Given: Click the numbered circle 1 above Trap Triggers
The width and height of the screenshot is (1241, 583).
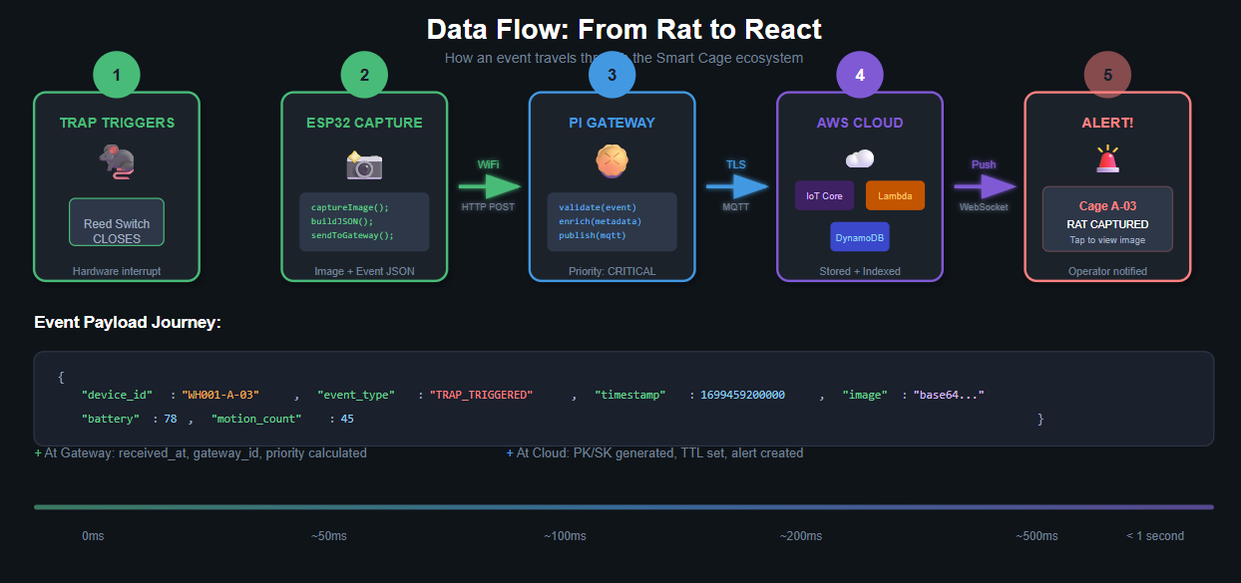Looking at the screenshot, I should [117, 75].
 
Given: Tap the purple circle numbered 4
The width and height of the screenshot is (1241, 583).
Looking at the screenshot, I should [860, 75].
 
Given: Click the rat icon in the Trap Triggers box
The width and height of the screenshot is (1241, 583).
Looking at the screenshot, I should [117, 161].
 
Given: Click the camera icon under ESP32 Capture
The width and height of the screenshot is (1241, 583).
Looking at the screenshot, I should [364, 164].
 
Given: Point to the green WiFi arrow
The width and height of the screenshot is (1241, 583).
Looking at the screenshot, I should [490, 186].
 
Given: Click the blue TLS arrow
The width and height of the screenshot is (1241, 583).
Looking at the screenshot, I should [737, 186].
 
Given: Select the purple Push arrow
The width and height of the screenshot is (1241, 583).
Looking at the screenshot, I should [985, 186].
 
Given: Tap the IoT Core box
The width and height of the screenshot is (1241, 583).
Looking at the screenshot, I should [824, 195].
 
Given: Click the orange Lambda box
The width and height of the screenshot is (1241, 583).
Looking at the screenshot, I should [895, 195].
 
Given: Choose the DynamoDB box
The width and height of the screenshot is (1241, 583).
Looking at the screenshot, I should [859, 237].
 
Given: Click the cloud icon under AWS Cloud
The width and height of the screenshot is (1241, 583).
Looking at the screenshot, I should [860, 158].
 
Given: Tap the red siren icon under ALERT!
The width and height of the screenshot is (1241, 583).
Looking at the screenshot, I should [1107, 158].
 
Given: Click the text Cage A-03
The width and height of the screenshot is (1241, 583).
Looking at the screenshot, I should [1107, 206].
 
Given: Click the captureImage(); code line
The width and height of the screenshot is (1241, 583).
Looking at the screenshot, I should [343, 207].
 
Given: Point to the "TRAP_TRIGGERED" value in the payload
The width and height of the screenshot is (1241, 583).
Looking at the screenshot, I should [482, 395].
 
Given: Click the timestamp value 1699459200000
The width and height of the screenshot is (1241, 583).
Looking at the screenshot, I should [742, 395].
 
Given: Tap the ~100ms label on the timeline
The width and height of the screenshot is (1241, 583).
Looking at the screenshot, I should [565, 536].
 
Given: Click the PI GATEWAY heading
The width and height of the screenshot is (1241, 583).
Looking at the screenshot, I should [612, 123].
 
